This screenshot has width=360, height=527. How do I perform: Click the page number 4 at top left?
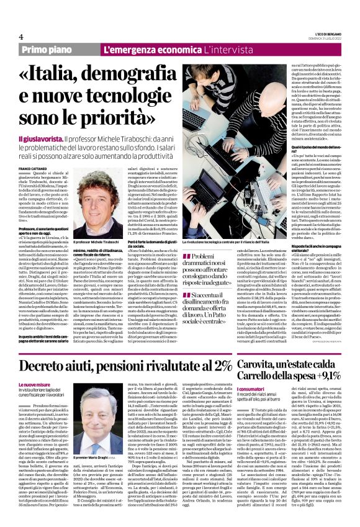click(x=21, y=37)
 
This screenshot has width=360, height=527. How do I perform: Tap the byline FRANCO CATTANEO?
click(x=33, y=152)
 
